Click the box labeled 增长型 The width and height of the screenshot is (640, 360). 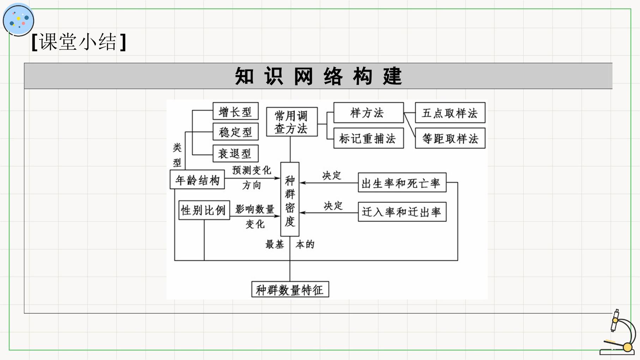tap(236, 111)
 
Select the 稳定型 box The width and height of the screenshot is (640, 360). tap(236, 132)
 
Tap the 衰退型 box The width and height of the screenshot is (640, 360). tap(236, 154)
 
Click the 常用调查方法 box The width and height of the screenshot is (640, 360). tap(292, 122)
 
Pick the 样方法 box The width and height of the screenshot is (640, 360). tap(368, 113)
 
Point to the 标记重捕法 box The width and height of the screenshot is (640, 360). tap(368, 138)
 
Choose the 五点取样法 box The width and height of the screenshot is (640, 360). tap(450, 113)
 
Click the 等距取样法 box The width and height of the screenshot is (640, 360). tap(450, 138)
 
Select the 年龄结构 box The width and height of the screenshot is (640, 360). tap(197, 180)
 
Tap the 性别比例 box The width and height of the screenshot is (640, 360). tap(204, 210)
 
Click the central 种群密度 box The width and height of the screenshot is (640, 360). tap(290, 199)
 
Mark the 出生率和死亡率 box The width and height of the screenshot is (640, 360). tap(402, 182)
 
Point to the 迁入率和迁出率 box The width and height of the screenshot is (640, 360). tap(402, 212)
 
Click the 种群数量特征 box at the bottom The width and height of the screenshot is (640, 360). tap(290, 289)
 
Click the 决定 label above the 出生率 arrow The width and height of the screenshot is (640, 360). tap(332, 175)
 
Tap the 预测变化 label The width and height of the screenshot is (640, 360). tap(252, 170)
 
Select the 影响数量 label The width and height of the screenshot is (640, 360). tap(255, 209)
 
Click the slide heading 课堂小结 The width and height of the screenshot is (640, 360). tap(79, 42)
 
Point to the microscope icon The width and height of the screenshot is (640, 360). tap(617, 332)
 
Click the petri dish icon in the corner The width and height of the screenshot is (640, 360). tap(18, 20)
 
